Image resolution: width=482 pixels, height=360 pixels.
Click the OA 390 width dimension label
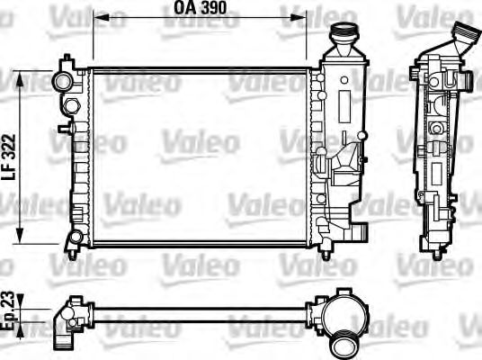199,8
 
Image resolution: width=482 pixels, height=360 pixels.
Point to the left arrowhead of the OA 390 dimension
96,17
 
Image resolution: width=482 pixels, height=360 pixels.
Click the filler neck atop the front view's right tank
343,39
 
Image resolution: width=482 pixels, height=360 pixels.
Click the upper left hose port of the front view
63,81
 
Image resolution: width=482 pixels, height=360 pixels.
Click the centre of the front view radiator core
199,154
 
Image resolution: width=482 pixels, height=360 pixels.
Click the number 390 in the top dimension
212,8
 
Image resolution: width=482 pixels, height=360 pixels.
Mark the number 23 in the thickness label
9,301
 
